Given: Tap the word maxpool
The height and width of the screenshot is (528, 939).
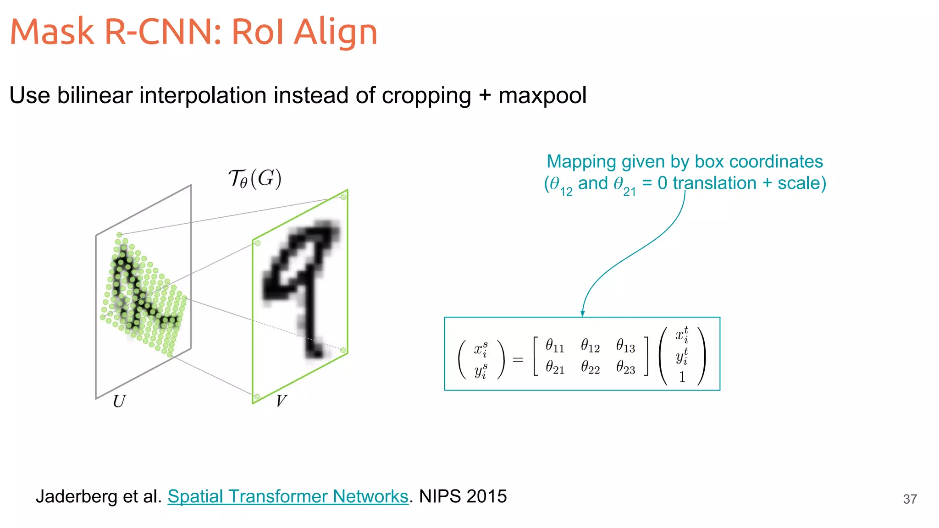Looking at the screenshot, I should (542, 95).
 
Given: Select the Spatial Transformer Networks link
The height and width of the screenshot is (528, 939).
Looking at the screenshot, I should (287, 496).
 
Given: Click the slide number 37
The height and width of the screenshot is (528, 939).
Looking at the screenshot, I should (910, 499).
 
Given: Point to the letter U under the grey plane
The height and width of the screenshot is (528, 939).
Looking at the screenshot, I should (119, 401).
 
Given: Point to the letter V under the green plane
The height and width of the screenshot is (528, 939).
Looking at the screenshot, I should (281, 401).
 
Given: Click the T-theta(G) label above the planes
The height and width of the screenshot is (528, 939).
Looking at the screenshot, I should (255, 179).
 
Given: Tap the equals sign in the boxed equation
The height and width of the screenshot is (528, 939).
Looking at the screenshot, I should (518, 360).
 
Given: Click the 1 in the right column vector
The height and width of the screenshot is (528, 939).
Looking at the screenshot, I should (682, 377).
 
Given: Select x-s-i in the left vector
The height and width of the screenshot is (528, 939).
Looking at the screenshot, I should (481, 349).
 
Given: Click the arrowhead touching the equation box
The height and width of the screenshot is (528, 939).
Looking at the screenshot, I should (582, 313).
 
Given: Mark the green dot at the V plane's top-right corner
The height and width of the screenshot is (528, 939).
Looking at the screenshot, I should (343, 197).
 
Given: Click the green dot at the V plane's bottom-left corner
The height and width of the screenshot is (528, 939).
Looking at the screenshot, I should (257, 396).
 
